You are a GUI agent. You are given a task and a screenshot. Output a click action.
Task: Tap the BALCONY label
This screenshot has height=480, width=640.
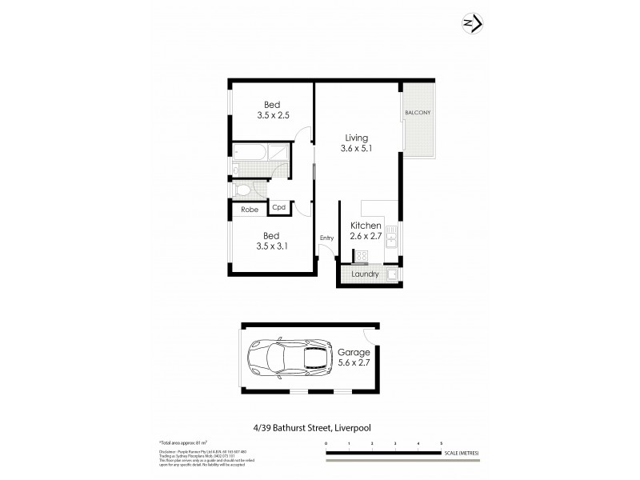coord(417,113)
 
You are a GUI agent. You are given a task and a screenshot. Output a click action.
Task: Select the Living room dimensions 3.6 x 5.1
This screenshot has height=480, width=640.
coord(356,148)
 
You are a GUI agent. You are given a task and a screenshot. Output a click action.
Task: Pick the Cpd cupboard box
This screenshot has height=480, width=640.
coord(279,208)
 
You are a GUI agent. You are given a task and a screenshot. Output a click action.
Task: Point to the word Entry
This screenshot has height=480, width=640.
coord(326,238)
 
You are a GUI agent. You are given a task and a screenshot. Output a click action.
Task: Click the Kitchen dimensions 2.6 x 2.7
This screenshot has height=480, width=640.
coord(366,237)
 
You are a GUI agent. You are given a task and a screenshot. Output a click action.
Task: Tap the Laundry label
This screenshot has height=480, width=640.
coord(365,274)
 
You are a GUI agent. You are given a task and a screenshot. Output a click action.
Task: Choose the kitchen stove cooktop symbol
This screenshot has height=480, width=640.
coord(361,256)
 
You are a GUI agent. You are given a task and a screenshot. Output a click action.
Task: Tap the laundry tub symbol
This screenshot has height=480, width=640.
coord(393,274)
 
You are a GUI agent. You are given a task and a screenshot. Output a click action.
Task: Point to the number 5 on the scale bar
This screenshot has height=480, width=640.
coord(441,442)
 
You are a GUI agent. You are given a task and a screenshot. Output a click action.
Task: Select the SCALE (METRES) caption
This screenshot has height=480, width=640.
coord(462,454)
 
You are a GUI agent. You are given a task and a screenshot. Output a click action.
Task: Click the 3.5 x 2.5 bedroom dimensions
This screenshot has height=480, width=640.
coord(273,115)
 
